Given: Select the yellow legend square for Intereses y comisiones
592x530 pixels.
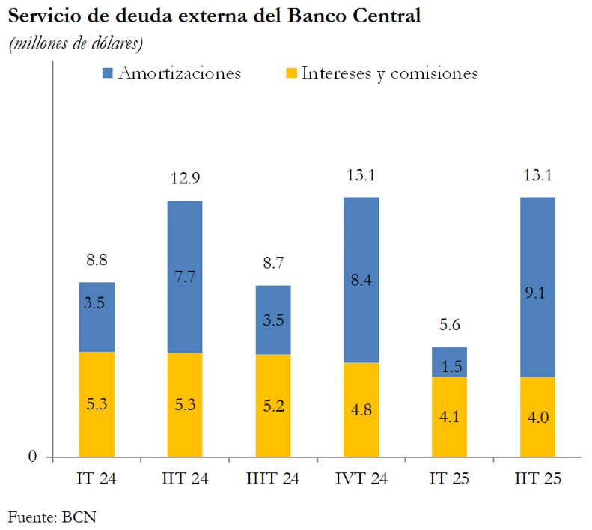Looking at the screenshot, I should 291,73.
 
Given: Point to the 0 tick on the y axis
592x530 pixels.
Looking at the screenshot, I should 32,456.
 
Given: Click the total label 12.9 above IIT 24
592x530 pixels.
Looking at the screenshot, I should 185,179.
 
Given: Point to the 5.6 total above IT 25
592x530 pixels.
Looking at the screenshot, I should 449,326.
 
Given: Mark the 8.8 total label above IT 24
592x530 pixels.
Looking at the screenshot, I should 97,261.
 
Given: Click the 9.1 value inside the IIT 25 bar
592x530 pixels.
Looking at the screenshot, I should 537,293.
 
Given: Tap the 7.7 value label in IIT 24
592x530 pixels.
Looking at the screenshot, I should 185,275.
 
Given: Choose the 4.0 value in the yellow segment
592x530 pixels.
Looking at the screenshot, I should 537,418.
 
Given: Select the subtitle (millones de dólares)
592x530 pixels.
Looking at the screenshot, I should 76,44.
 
